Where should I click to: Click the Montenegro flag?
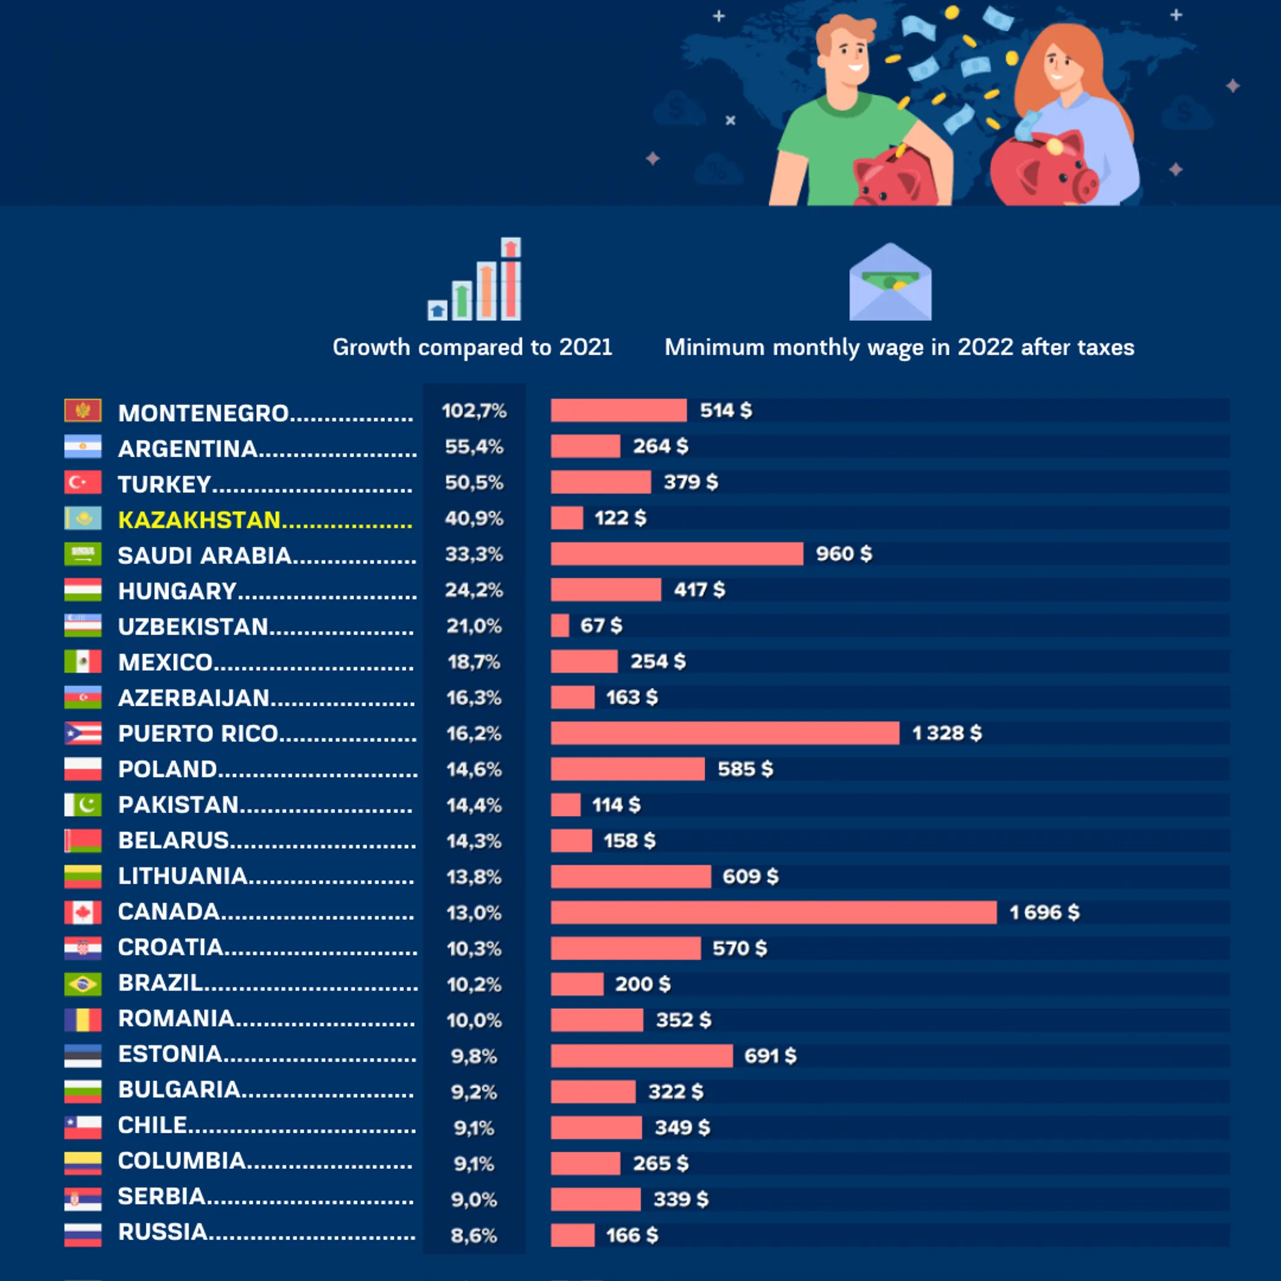83,411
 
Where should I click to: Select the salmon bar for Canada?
773,913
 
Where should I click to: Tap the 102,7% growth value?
474,411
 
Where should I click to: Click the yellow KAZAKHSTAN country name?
199,520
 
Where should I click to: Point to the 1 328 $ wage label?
946,733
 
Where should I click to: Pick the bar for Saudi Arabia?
676,554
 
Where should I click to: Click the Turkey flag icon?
83,482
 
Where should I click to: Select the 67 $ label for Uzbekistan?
601,625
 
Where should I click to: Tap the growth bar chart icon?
475,280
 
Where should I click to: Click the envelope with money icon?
890,283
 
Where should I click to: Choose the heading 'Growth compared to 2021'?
472,348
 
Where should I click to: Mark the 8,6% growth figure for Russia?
473,1235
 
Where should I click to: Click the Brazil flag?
83,984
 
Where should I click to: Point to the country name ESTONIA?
170,1054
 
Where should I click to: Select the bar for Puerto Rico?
725,733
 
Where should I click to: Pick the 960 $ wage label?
844,554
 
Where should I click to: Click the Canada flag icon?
83,913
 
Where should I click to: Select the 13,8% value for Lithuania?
473,877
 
